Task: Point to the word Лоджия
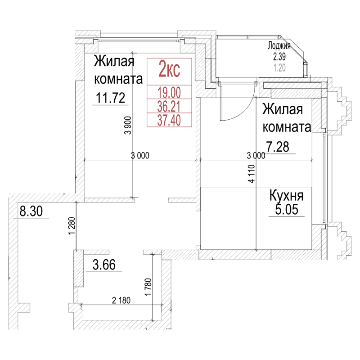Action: click(279, 46)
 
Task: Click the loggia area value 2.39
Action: click(279, 57)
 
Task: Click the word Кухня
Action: click(287, 196)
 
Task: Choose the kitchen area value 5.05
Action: click(287, 210)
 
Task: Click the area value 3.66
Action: click(107, 265)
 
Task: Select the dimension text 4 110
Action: click(252, 173)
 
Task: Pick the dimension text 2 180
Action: click(120, 301)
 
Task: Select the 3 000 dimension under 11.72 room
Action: click(140, 156)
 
